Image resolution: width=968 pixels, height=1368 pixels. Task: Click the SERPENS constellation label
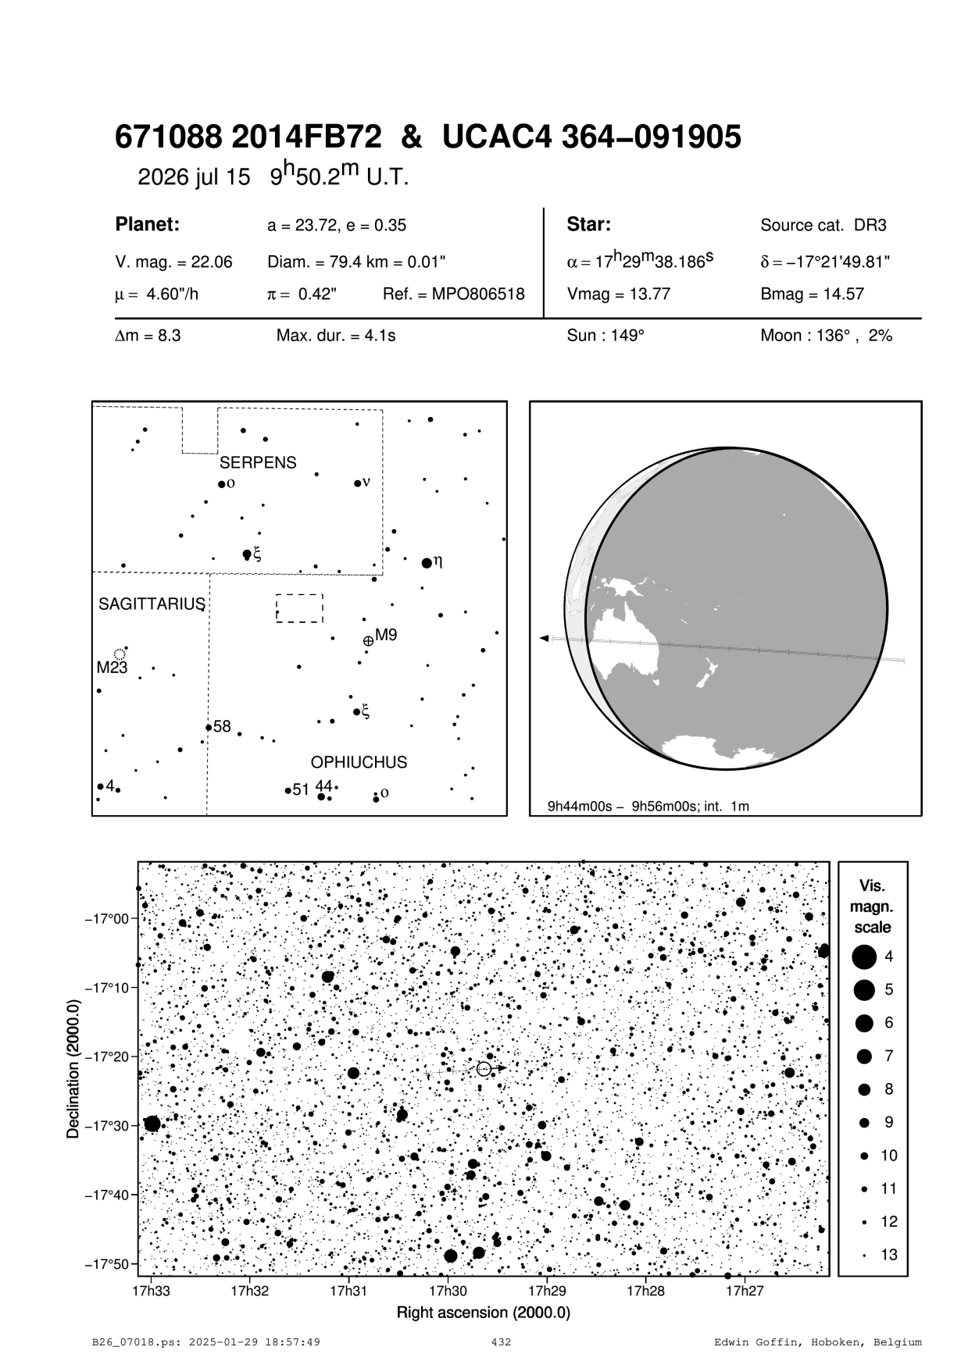258,462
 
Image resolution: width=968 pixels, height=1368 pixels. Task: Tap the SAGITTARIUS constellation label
152,604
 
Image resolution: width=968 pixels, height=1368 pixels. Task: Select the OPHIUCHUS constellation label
359,762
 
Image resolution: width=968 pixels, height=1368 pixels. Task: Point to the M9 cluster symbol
368,641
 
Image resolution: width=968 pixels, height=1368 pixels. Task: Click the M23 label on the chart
112,668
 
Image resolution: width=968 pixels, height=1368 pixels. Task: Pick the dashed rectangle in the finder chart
299,608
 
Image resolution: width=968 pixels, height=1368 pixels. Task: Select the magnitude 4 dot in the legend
864,956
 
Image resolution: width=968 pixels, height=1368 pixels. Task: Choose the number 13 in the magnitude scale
889,1255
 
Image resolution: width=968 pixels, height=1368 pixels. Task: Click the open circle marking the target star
484,1068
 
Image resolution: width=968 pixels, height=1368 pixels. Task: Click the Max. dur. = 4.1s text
336,337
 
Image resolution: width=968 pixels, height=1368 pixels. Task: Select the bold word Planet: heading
148,225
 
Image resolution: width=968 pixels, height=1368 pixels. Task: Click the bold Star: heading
588,225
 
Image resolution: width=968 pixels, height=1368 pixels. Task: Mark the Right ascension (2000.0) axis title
484,1313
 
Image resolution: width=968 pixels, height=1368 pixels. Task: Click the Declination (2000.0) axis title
73,1067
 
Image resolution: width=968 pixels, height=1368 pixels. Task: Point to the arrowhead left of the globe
544,639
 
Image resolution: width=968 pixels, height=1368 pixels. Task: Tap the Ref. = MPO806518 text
454,295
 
